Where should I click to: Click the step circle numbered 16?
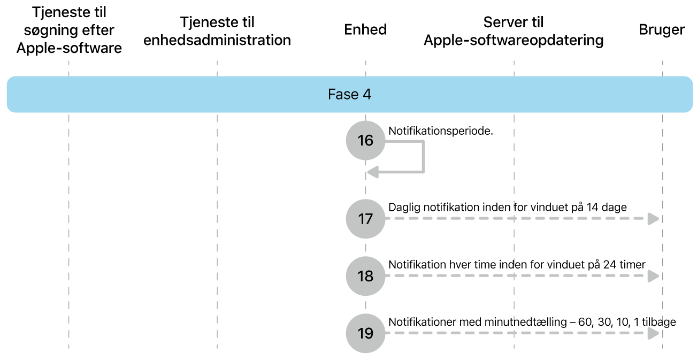(365, 140)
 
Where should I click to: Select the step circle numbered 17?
(365, 219)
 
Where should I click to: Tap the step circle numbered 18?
(365, 276)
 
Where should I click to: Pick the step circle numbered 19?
(365, 333)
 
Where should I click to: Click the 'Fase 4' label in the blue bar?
(349, 95)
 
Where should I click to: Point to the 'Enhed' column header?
(365, 29)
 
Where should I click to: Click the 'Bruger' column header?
(662, 29)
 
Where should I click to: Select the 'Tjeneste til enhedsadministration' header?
(217, 31)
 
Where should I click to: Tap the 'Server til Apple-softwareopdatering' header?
(514, 31)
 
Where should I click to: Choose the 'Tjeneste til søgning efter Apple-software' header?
(69, 30)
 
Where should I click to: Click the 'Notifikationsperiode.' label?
(440, 131)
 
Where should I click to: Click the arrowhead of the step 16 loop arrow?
(373, 172)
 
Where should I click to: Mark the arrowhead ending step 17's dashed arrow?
(653, 219)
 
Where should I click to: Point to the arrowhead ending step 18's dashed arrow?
(653, 276)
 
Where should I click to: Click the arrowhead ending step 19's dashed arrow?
(653, 333)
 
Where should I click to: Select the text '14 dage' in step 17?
(606, 207)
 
